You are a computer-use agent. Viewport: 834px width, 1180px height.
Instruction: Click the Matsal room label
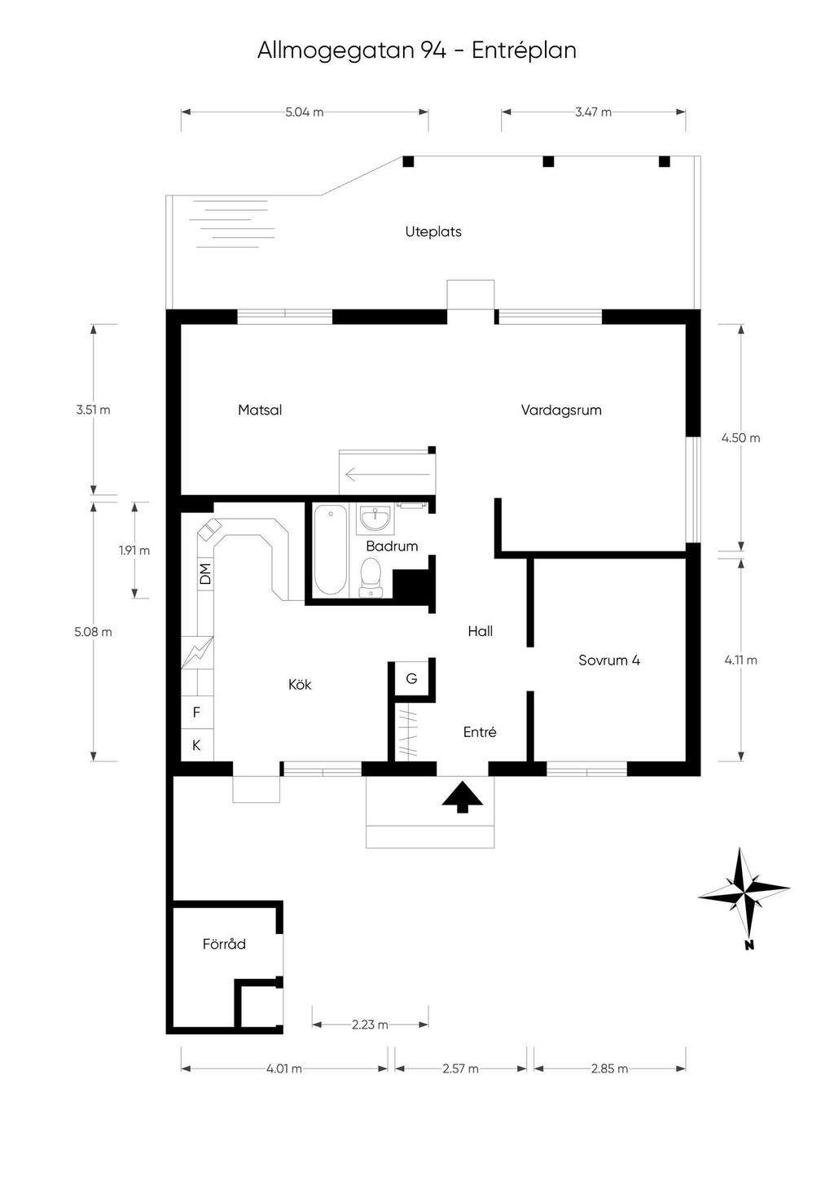click(260, 410)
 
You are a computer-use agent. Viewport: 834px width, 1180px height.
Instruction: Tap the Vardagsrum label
click(561, 410)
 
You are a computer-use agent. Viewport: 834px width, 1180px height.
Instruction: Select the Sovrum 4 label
click(609, 660)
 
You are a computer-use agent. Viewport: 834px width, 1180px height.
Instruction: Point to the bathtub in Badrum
click(331, 551)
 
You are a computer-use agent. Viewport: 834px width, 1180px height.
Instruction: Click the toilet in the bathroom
click(372, 577)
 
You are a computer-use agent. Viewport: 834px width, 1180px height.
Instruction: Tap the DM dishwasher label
click(205, 574)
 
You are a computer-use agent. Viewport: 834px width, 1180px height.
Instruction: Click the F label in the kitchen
click(196, 713)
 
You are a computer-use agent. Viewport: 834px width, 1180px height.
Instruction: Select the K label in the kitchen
click(196, 745)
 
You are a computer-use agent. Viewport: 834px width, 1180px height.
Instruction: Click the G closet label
click(411, 678)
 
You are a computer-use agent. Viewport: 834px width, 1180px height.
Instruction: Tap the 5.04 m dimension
click(305, 112)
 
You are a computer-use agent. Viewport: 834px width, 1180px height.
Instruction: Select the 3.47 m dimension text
click(593, 112)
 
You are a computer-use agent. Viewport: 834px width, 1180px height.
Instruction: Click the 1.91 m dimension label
click(134, 551)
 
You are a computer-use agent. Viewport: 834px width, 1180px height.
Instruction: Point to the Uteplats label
click(433, 232)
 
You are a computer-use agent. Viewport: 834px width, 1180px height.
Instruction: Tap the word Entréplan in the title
click(524, 50)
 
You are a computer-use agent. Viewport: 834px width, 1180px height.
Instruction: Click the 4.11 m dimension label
click(741, 660)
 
